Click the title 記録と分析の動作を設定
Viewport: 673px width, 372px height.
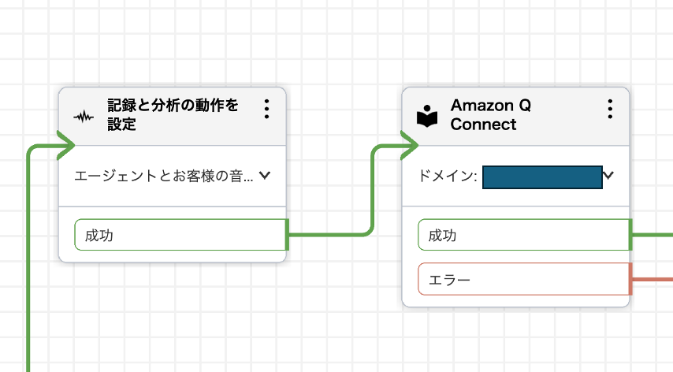pyautogui.click(x=173, y=114)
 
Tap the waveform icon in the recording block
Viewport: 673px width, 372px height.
pyautogui.click(x=84, y=117)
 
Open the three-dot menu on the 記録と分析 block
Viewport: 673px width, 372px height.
pyautogui.click(x=267, y=109)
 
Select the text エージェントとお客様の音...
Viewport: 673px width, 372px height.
pyautogui.click(x=164, y=177)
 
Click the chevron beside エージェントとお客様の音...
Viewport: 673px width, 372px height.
pyautogui.click(x=265, y=176)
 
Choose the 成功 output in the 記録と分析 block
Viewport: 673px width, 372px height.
pyautogui.click(x=180, y=235)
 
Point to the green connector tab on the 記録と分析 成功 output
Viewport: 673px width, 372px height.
pyautogui.click(x=288, y=235)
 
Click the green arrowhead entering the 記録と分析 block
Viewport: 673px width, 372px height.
pyautogui.click(x=65, y=145)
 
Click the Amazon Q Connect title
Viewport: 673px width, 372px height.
pyautogui.click(x=491, y=115)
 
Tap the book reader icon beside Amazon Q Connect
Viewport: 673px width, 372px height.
pyautogui.click(x=427, y=116)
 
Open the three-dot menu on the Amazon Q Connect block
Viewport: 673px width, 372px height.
pyautogui.click(x=610, y=109)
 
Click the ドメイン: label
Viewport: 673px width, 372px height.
pyautogui.click(x=448, y=177)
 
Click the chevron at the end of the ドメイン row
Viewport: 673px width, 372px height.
pyautogui.click(x=608, y=175)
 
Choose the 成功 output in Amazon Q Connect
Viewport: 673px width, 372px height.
pyautogui.click(x=523, y=235)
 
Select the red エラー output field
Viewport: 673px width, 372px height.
pyautogui.click(x=523, y=279)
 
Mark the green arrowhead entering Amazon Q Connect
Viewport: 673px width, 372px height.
pyautogui.click(x=409, y=145)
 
